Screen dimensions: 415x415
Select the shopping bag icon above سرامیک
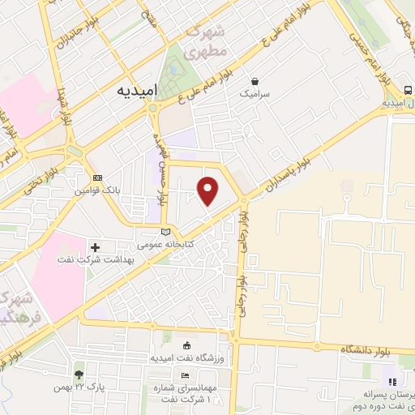point(255,81)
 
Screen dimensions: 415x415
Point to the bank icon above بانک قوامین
point(98,178)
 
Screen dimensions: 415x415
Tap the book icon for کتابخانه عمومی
point(166,232)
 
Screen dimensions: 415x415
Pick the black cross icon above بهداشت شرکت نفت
point(96,247)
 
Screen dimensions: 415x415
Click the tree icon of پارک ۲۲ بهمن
point(79,375)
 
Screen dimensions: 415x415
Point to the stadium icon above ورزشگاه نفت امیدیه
point(188,344)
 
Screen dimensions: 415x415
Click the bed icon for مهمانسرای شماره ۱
point(186,376)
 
